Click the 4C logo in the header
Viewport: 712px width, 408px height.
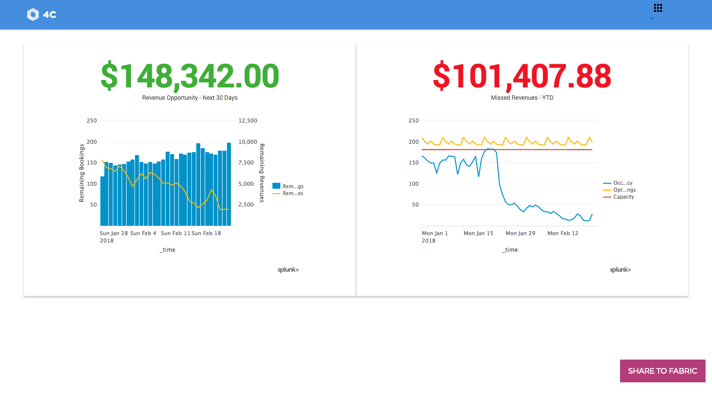coord(42,15)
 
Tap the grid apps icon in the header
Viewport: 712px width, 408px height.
coord(658,8)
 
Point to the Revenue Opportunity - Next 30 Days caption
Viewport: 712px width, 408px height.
coord(190,98)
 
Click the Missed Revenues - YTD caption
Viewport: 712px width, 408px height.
coord(522,98)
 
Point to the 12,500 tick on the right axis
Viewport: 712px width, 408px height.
coord(248,121)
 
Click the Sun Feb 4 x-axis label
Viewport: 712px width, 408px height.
coord(143,233)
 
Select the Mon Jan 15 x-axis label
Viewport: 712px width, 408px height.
coord(478,233)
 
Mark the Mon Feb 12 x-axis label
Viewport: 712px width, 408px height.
coord(563,233)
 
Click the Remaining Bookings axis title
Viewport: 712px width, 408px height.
coord(82,173)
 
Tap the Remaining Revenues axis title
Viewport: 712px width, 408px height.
coord(262,173)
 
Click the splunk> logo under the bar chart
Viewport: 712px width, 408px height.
coord(288,270)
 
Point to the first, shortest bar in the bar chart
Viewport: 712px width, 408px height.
coord(102,201)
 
